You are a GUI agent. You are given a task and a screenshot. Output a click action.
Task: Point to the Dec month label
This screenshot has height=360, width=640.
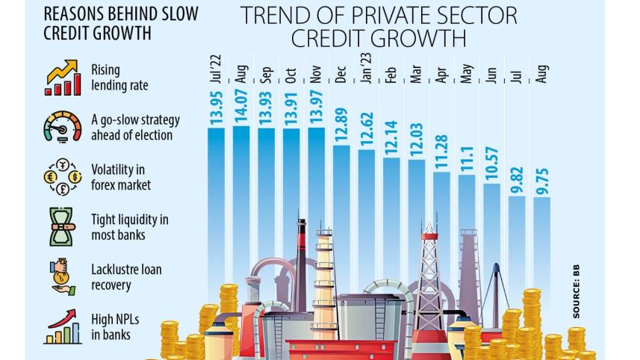341,73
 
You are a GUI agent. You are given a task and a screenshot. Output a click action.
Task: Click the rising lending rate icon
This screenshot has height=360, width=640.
63,78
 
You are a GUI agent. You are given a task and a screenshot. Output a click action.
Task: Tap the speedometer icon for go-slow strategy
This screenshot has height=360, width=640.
63,127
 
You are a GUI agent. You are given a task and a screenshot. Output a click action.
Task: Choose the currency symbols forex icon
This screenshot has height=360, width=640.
63,178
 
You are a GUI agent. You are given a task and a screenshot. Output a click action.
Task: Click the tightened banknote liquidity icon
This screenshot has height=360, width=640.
63,226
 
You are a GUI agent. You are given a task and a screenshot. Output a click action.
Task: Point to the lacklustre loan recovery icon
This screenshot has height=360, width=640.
63,276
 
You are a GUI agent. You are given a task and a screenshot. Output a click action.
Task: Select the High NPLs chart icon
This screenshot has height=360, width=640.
63,327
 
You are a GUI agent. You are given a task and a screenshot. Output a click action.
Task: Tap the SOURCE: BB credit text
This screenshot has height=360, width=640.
577,291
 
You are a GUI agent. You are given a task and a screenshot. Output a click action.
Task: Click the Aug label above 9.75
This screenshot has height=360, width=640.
542,73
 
